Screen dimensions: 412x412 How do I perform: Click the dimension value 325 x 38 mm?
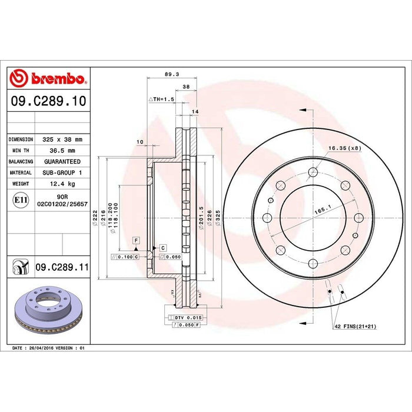click(x=62, y=139)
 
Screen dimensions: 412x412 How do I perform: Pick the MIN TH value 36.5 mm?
click(x=61, y=150)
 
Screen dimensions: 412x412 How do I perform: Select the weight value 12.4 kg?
click(x=61, y=184)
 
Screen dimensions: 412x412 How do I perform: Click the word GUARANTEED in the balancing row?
click(x=61, y=161)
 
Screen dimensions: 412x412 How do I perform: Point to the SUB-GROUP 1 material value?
click(x=61, y=172)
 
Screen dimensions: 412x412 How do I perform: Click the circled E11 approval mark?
click(x=21, y=201)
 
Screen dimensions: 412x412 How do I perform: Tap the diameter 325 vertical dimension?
click(x=218, y=218)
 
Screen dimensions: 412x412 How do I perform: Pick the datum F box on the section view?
click(x=135, y=241)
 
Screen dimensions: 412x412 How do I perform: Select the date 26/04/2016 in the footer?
click(x=44, y=348)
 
